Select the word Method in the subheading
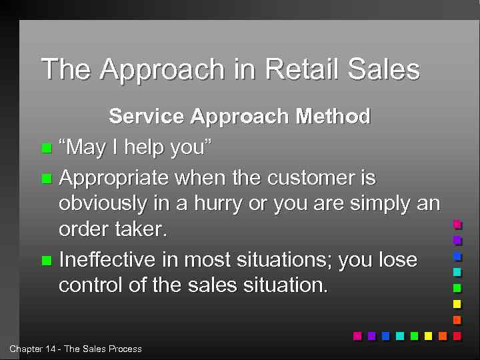pos(333,117)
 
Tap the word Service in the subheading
pos(146,117)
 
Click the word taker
pos(140,229)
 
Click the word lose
pos(397,259)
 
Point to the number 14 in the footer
pos(51,349)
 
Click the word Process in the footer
pos(125,349)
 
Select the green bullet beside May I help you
pos(45,148)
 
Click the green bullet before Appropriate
pos(45,179)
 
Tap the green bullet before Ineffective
pos(45,260)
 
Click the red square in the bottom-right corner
pos(457,335)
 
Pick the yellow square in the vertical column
pos(457,304)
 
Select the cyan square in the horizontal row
pos(400,335)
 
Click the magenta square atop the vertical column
pos(457,224)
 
